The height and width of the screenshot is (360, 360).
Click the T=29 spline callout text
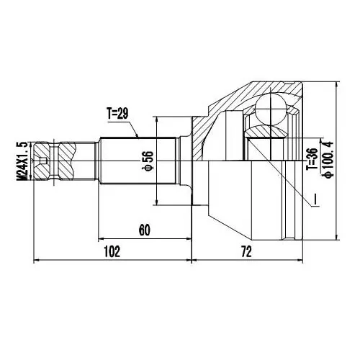click(118, 114)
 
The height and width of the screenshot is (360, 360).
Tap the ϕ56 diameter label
click(148, 161)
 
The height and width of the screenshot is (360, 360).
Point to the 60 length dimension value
click(144, 230)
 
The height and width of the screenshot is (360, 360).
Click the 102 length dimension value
click(112, 252)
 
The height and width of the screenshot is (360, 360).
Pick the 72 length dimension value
click(246, 252)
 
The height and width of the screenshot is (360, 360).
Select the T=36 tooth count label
click(312, 159)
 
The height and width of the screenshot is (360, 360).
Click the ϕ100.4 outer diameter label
click(328, 160)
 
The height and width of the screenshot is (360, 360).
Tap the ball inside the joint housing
click(271, 109)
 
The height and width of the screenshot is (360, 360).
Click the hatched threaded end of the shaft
click(54, 161)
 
